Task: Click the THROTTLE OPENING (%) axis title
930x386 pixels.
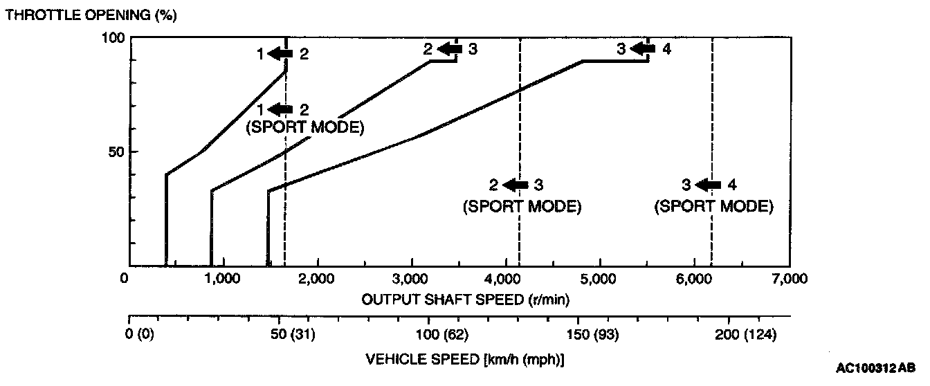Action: pyautogui.click(x=89, y=15)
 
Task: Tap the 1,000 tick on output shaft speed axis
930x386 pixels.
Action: pyautogui.click(x=224, y=279)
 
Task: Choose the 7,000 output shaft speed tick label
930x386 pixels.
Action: pyautogui.click(x=789, y=279)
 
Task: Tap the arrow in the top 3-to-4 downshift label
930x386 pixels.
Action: pyautogui.click(x=644, y=49)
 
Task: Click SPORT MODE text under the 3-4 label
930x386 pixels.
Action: pyautogui.click(x=713, y=206)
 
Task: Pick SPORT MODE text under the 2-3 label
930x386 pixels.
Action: pyautogui.click(x=521, y=206)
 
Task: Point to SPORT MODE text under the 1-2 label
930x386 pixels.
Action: pyautogui.click(x=305, y=128)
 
